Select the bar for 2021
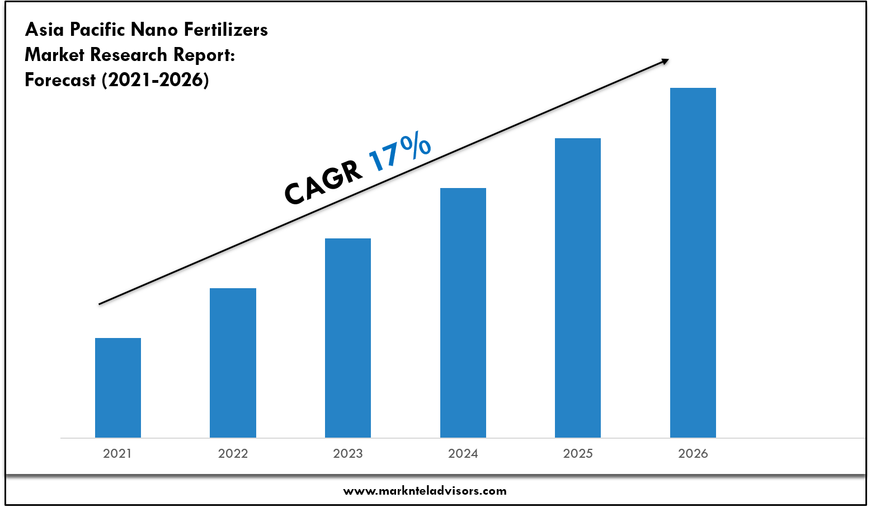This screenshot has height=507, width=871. pos(118,387)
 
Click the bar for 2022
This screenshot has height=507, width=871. pos(233,363)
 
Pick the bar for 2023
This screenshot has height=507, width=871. pos(348,337)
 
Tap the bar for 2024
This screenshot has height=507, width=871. pos(463,312)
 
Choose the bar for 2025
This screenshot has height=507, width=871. pos(578,288)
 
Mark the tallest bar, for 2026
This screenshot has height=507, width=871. pos(693,262)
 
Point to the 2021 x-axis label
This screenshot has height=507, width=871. pos(117,454)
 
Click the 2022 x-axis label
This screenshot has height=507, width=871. pos(233,454)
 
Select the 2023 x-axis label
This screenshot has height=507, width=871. pos(348,454)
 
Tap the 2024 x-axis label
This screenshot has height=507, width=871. pos(463,454)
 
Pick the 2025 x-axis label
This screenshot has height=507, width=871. pos(578,454)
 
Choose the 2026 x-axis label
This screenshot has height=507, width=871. pos(693,454)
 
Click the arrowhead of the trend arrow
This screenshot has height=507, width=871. pos(665,60)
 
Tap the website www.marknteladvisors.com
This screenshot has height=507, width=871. pos(425,491)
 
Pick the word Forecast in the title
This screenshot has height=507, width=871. pos(60,81)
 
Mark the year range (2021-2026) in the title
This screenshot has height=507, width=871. pos(156,81)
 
